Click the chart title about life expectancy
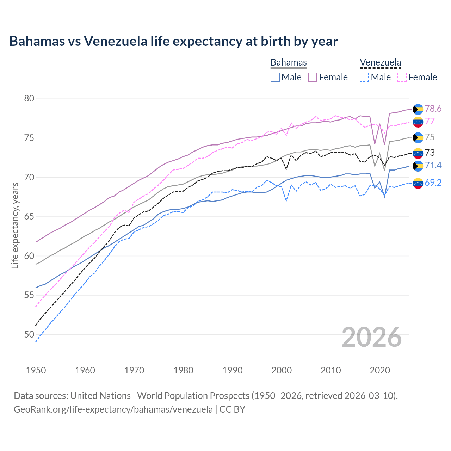(x=173, y=41)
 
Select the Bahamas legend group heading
(x=289, y=62)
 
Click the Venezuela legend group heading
(x=380, y=62)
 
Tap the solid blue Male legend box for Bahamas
(x=275, y=77)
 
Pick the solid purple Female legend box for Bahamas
(x=313, y=77)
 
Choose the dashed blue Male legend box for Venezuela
(x=364, y=77)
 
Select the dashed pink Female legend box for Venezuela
(x=402, y=77)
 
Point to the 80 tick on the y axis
(x=29, y=98)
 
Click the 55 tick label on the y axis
(x=29, y=295)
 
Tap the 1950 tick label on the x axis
(x=36, y=370)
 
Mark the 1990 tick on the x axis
(x=233, y=370)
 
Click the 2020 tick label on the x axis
(x=380, y=370)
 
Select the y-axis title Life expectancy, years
(x=15, y=225)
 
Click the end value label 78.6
(x=433, y=109)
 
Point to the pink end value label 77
(x=430, y=121)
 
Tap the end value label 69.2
(x=433, y=183)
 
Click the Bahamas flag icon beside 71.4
(x=418, y=166)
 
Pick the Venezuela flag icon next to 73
(x=418, y=153)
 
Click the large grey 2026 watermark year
(x=371, y=337)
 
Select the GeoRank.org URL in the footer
(x=113, y=409)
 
